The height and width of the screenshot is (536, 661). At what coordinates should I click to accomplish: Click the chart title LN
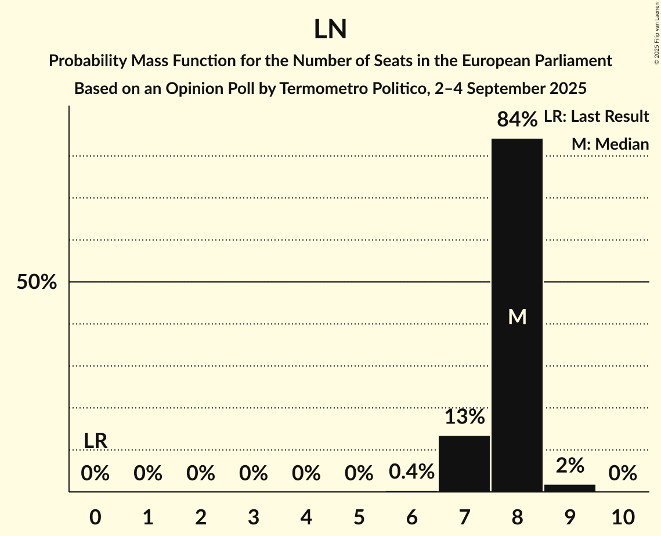pos(330,30)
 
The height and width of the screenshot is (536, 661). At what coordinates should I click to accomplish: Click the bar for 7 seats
pos(464,463)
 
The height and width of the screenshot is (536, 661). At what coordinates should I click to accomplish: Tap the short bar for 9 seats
pos(569,488)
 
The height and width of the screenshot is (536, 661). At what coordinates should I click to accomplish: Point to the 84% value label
pos(516,119)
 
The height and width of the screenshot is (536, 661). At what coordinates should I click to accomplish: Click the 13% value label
pos(464,417)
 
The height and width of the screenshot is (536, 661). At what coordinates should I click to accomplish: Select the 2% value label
pos(569,465)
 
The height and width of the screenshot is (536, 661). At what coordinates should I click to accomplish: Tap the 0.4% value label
pos(411,472)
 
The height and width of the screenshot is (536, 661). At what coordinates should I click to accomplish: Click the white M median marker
pos(516,317)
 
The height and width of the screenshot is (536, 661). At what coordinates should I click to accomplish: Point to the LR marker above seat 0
pos(95,441)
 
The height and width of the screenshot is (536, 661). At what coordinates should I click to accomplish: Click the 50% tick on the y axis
pos(37,283)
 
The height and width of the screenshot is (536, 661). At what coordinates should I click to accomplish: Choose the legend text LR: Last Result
pos(596,117)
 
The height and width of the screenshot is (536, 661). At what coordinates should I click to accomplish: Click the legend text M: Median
pos(610,144)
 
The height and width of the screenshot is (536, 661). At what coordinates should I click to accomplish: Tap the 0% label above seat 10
pos(622,474)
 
